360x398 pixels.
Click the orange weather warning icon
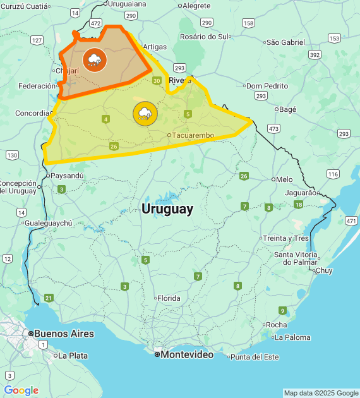(x=95, y=60)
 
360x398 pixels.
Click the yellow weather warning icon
(x=145, y=114)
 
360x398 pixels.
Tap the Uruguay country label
(x=167, y=209)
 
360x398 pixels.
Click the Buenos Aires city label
(x=64, y=334)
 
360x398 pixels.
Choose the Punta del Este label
(x=254, y=357)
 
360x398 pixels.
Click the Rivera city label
(x=179, y=80)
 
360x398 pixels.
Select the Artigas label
(x=155, y=47)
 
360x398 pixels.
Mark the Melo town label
(x=284, y=179)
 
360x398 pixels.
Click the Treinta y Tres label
(x=287, y=238)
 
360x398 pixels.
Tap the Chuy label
(x=323, y=270)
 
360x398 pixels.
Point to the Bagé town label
(x=287, y=109)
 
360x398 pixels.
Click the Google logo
(x=21, y=390)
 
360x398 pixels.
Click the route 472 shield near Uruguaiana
(x=95, y=23)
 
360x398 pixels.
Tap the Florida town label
(x=169, y=298)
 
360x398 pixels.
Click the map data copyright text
(x=321, y=393)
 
